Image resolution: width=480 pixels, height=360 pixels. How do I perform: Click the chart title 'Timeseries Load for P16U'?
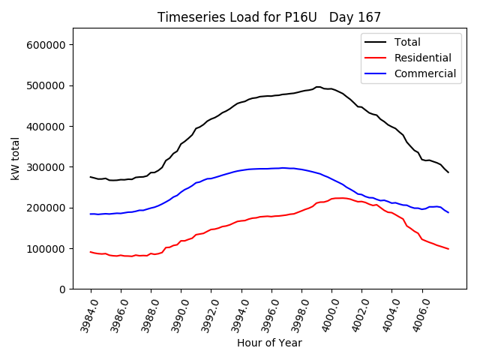[x=237, y=17]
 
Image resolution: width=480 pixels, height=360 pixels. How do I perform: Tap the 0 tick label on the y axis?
[x=63, y=289]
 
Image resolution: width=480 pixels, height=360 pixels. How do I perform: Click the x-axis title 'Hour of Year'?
[x=269, y=343]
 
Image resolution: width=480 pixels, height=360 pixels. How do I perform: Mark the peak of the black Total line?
[x=318, y=87]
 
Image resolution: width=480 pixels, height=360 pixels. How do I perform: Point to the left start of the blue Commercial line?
[x=91, y=214]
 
